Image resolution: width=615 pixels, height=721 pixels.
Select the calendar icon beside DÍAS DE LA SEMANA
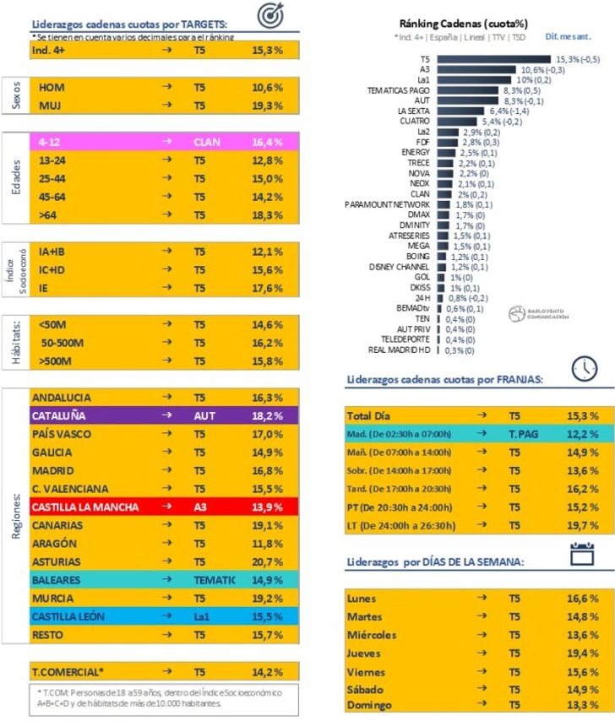pos(582,554)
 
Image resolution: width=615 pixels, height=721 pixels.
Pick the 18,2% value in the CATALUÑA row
pos(267,416)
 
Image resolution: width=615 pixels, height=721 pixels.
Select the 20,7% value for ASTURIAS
pos(267,561)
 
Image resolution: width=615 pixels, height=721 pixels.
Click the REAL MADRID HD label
pos(400,350)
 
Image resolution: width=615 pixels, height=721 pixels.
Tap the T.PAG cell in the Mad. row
pos(524,435)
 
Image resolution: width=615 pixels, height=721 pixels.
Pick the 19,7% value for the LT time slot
pos(583,525)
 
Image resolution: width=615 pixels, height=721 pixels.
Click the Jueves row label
pos(363,653)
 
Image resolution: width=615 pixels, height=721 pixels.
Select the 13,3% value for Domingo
pos(583,705)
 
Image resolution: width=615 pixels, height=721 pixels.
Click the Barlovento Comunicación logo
pos(540,314)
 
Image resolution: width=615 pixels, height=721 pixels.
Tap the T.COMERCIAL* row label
pos(68,673)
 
